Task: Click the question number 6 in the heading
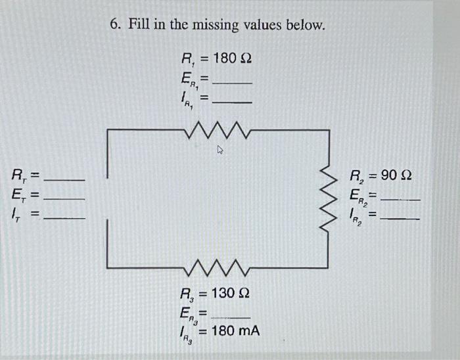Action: pyautogui.click(x=114, y=25)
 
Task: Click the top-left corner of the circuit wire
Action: pyautogui.click(x=108, y=131)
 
